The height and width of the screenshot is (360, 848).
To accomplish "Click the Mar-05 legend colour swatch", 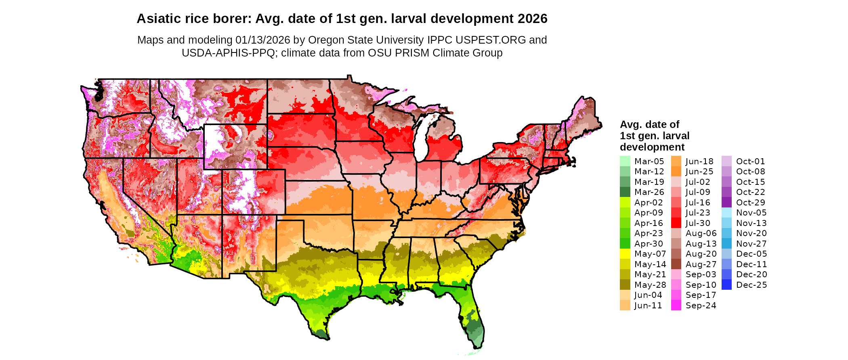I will coord(625,161).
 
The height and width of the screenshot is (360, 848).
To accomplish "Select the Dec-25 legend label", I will coord(751,285).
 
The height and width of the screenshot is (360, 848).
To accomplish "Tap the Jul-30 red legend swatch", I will coord(676,223).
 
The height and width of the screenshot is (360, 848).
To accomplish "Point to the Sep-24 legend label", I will coord(701,306).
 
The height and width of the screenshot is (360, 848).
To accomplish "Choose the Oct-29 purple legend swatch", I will coord(726,202).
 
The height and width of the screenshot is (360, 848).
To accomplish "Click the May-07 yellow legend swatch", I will coord(625,254).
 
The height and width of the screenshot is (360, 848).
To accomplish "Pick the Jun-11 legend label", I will coord(648,306).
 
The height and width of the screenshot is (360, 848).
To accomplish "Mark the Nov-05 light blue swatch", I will coord(726,213).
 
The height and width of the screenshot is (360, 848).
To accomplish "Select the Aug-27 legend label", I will coord(701,264).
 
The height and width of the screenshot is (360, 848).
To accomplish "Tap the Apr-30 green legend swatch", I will coord(625,243).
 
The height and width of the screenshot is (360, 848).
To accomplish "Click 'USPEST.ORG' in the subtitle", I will coord(491,40).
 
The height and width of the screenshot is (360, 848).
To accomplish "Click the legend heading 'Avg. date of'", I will coord(649,124).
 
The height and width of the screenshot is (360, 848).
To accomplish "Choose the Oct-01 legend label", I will coord(750,161).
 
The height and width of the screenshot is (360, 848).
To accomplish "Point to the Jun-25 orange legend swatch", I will coord(676,172).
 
